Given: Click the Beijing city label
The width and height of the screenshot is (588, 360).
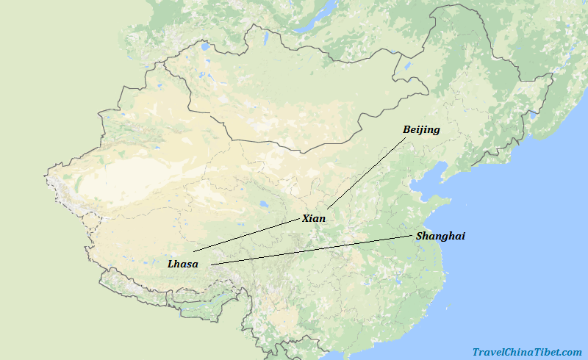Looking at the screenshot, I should pyautogui.click(x=421, y=130).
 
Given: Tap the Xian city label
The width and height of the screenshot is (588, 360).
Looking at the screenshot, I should pyautogui.click(x=313, y=218).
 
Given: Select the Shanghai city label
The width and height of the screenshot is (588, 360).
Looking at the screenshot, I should pyautogui.click(x=440, y=236).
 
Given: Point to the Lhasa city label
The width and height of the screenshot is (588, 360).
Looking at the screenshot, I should pyautogui.click(x=182, y=264).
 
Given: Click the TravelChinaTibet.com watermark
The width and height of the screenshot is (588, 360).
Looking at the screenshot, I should pyautogui.click(x=527, y=353).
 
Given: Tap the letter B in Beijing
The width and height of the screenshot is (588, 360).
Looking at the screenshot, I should pyautogui.click(x=406, y=130).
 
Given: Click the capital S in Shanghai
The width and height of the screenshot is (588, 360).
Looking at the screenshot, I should pyautogui.click(x=420, y=236).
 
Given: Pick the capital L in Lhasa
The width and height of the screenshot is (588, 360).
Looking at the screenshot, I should pyautogui.click(x=171, y=264).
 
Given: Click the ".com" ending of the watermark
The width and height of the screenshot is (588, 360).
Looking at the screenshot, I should pyautogui.click(x=571, y=353).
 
